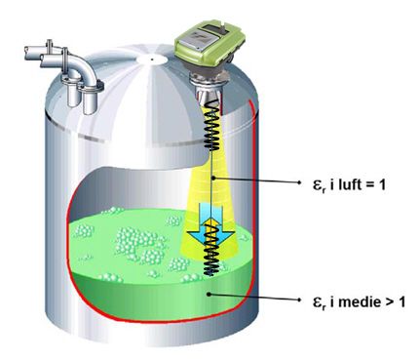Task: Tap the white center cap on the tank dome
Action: click(151, 60)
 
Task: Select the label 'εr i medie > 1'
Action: click(359, 301)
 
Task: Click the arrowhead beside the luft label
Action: click(299, 182)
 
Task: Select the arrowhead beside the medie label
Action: click(299, 300)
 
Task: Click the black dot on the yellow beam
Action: click(212, 179)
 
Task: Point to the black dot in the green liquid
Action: click(210, 295)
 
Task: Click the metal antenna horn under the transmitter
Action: click(208, 91)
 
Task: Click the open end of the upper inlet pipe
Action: click(28, 53)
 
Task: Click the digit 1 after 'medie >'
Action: click(401, 301)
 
